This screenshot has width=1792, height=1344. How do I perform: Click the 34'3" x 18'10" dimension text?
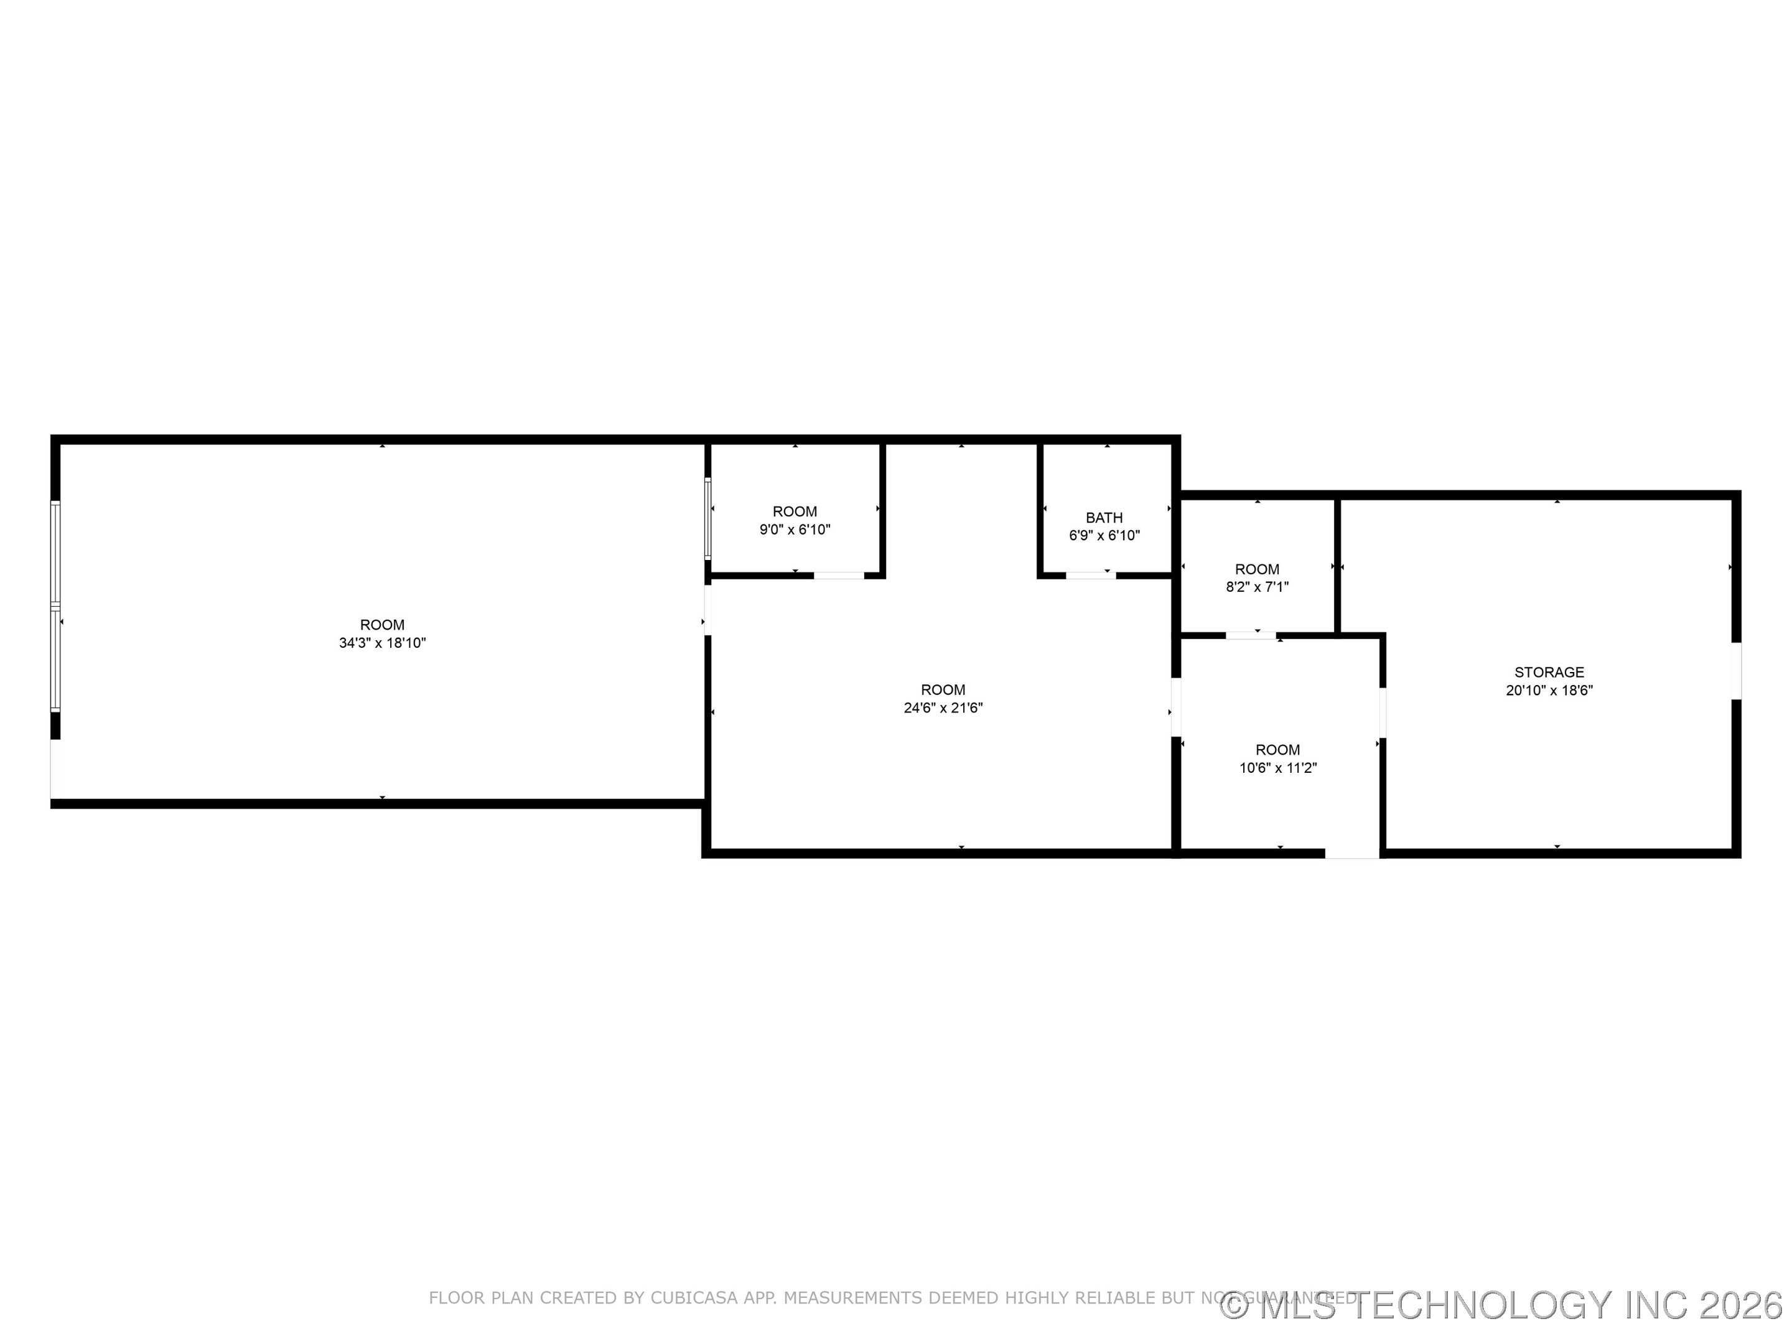[x=383, y=643]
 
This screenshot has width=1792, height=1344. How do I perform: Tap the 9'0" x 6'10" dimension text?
[x=795, y=530]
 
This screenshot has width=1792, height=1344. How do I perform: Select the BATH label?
[x=1104, y=518]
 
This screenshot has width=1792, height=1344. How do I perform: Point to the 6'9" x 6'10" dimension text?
[x=1104, y=536]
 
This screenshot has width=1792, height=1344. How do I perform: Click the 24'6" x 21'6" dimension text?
[x=943, y=708]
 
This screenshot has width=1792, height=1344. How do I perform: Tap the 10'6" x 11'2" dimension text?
[x=1277, y=768]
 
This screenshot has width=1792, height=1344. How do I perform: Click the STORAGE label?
[x=1549, y=673]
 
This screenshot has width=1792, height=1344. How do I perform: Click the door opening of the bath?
[x=1090, y=575]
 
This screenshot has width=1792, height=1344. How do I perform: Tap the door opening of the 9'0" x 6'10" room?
[x=839, y=575]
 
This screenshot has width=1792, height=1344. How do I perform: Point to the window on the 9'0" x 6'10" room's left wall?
[x=708, y=518]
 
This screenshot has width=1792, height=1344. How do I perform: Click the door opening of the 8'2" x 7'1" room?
[x=1250, y=636]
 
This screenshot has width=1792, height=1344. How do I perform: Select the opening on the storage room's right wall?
[x=1736, y=671]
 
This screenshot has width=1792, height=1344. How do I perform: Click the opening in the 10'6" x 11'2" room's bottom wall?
[x=1352, y=853]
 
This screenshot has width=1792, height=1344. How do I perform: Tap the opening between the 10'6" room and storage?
[x=1383, y=713]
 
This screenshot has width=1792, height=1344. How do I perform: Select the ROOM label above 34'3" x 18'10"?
[x=383, y=625]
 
